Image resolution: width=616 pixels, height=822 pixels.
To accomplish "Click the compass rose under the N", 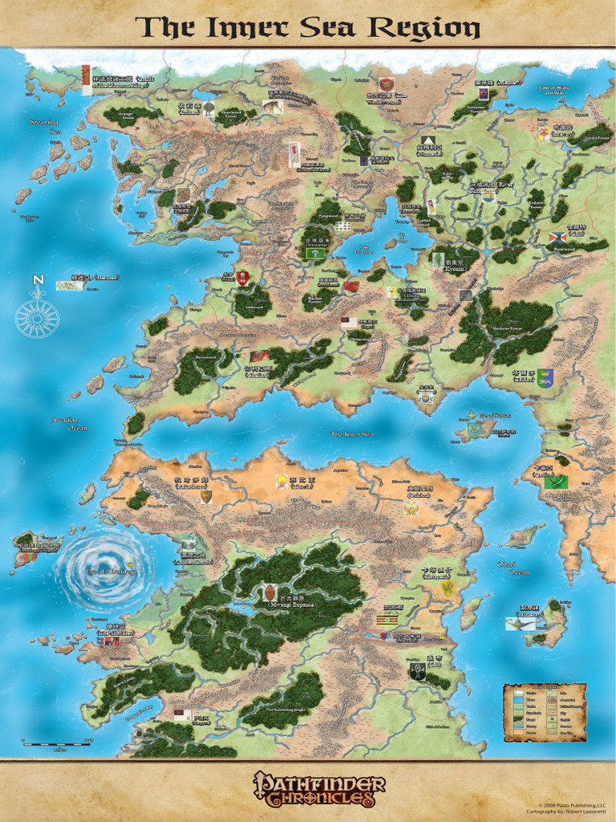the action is pyautogui.click(x=37, y=315).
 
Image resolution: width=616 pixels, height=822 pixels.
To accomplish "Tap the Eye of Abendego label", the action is pyautogui.click(x=111, y=572).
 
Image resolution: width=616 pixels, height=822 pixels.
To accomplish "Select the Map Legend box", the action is pyautogui.click(x=545, y=712).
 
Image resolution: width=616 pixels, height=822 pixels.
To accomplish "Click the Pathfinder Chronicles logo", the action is pyautogui.click(x=319, y=789).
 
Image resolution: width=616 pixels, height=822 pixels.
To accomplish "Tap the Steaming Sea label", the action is pyautogui.click(x=44, y=126).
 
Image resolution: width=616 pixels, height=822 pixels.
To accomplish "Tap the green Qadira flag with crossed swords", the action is pyautogui.click(x=556, y=482).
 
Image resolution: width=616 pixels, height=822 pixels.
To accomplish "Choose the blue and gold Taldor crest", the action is pyautogui.click(x=545, y=376).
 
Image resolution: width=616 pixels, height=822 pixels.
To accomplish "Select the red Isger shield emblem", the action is pyautogui.click(x=242, y=278).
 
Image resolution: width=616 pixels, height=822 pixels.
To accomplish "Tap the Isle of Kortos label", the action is pyautogui.click(x=494, y=415).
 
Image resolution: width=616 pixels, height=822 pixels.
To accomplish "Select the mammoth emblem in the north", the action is pyautogui.click(x=273, y=106).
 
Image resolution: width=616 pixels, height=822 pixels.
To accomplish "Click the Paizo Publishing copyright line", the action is pyautogui.click(x=572, y=804).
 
